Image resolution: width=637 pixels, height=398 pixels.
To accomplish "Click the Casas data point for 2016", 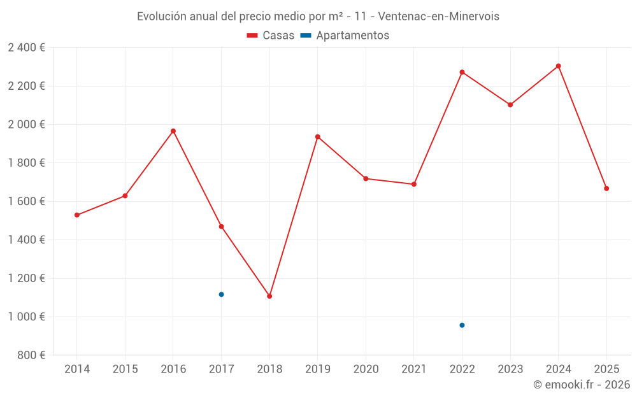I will point(173,131).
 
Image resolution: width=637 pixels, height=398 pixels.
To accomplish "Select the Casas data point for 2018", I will point(269,296).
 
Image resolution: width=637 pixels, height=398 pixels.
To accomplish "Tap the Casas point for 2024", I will point(559,66).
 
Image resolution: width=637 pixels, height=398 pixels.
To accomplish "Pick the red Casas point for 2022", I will point(462,72).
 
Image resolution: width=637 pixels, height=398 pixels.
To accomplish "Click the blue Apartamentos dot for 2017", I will point(221,294).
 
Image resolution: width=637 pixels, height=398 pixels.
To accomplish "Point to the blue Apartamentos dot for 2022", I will point(462,325).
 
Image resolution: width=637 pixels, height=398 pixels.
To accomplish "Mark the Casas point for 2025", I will point(606,188).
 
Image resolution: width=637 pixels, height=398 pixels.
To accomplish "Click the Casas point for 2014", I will point(77,215).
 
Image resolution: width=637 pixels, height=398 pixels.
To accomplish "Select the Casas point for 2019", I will point(318,137).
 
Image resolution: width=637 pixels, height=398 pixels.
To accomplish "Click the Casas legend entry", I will point(271,36).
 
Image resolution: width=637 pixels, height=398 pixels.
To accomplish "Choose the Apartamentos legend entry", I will point(345,36).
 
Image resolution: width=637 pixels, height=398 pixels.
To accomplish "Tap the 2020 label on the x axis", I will point(366,369).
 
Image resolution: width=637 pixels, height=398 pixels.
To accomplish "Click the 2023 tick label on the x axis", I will point(510,369).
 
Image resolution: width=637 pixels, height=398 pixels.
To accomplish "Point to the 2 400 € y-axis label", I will point(26,48).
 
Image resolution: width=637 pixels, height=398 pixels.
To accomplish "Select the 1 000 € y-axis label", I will point(26,317).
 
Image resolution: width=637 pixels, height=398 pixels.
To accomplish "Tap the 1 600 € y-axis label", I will point(26,202).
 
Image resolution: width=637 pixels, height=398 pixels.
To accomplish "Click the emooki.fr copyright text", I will point(582,385).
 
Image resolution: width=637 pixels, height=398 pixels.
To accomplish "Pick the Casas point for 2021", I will point(414,184).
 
